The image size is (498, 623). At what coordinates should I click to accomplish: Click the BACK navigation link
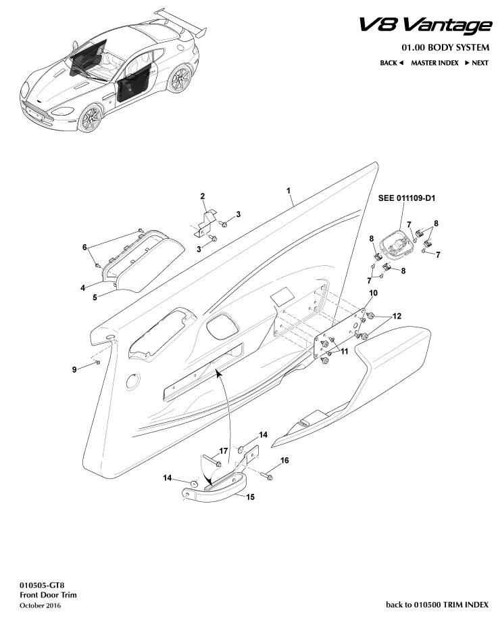tap(391, 63)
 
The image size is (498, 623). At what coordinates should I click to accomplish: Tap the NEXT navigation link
tap(476, 63)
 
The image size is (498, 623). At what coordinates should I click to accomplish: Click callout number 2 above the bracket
tap(202, 196)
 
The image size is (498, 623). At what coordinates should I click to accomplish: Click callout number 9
tap(74, 369)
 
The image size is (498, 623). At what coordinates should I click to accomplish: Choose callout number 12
tap(397, 316)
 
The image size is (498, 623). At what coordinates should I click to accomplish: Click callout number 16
tap(284, 461)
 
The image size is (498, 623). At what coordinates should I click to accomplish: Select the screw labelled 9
tap(97, 363)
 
